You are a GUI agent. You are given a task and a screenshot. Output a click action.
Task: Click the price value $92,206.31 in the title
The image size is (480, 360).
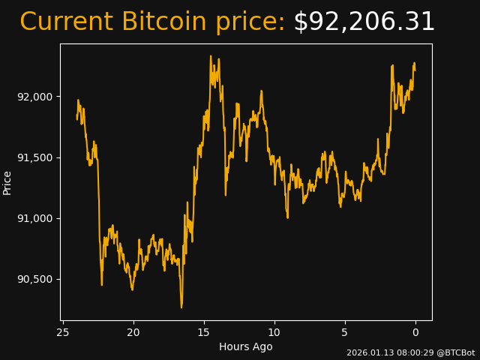(364, 22)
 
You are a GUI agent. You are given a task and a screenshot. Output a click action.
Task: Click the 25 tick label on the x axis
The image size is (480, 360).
(63, 332)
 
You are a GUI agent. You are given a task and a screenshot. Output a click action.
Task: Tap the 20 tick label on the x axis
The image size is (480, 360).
(133, 332)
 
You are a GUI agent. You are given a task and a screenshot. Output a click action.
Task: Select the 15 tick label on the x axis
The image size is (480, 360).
(204, 332)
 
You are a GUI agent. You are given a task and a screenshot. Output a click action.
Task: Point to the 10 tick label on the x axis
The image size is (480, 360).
(274, 332)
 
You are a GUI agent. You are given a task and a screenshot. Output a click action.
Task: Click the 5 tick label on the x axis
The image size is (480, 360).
(345, 332)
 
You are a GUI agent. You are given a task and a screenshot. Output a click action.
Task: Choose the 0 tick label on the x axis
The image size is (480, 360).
(415, 332)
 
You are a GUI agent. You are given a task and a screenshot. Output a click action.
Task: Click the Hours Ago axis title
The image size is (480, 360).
(246, 346)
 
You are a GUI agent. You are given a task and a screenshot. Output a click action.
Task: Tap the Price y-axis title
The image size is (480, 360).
(7, 182)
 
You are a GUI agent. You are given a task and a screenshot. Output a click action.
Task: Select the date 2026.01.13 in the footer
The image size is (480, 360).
(366, 352)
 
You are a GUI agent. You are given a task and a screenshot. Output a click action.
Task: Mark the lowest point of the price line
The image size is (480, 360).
(181, 307)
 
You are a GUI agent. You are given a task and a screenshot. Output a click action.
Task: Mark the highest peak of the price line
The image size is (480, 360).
(211, 55)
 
